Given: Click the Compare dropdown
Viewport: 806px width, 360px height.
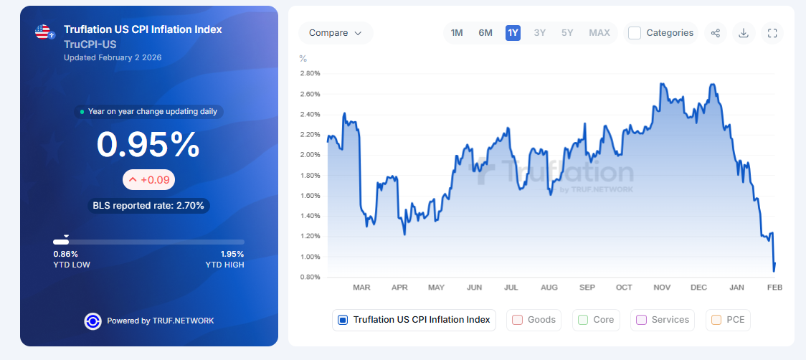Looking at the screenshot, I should click(335, 33).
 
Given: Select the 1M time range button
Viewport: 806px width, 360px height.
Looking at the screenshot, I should click(457, 33).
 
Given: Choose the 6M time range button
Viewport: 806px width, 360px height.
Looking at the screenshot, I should click(485, 33).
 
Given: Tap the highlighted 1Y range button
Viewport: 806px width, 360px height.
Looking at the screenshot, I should click(513, 33).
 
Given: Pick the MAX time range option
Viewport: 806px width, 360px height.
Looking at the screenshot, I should click(599, 33).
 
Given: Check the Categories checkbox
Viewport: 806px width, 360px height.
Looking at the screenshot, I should click(635, 33).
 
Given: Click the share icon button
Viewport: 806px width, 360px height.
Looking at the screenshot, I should click(715, 33).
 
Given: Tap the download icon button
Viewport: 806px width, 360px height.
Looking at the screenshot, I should click(744, 33).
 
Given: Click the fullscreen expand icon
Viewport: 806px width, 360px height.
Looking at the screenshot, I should click(772, 33).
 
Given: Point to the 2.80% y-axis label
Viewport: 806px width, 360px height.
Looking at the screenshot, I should click(310, 73).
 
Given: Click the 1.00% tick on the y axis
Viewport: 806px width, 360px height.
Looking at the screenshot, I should click(310, 257).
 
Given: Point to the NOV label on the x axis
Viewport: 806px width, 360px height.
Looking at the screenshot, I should click(662, 288).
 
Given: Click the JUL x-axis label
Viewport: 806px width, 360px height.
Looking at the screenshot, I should click(511, 288).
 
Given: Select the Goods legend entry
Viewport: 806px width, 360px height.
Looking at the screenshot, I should click(534, 320).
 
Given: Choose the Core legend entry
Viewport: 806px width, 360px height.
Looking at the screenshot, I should click(596, 320).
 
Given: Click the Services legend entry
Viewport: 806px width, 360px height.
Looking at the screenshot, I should click(663, 320).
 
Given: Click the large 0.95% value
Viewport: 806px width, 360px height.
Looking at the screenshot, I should click(148, 145).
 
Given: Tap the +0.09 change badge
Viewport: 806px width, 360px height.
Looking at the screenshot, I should click(148, 180).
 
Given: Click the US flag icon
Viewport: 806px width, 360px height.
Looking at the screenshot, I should click(44, 32).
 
